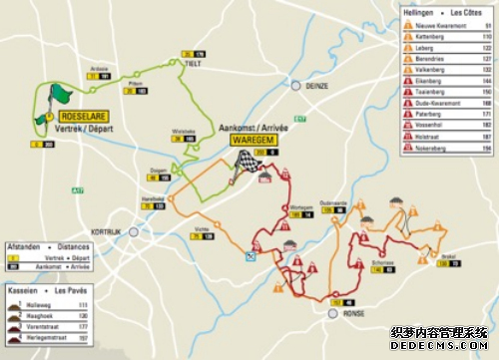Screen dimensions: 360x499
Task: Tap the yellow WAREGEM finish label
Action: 253,167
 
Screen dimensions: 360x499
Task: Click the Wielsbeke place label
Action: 184,131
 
